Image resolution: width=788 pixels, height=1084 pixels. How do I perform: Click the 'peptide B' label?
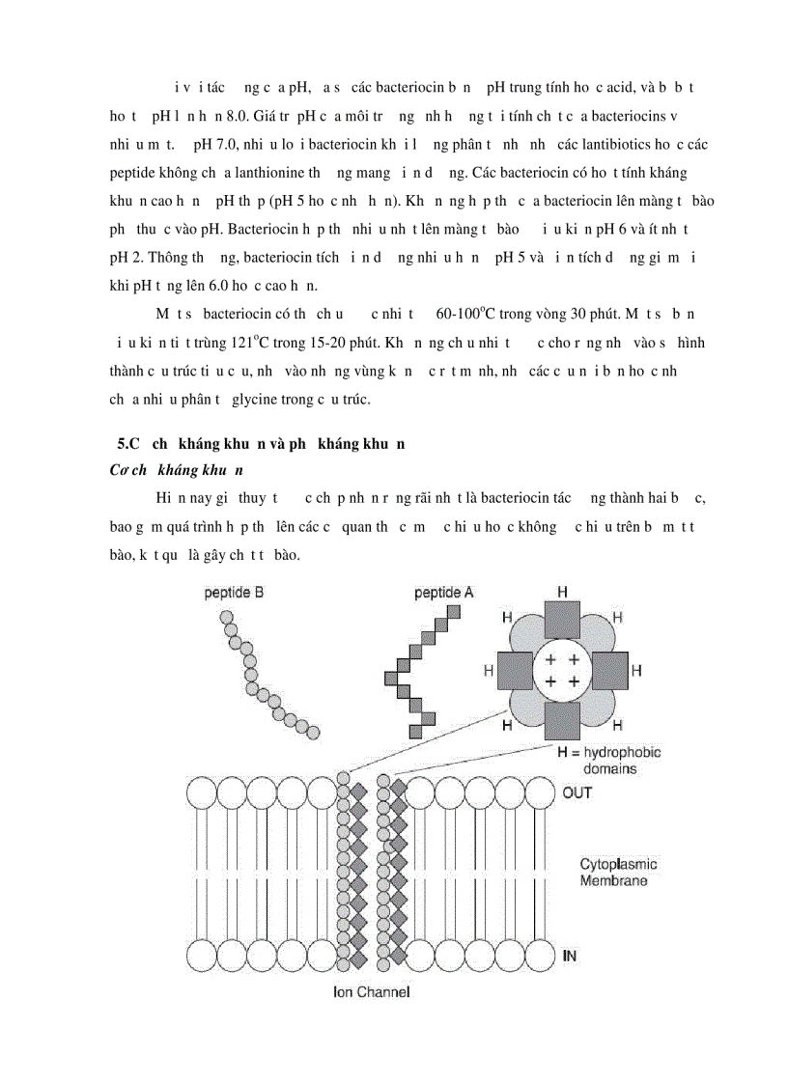click(x=234, y=593)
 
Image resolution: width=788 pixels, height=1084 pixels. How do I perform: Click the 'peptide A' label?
click(x=443, y=593)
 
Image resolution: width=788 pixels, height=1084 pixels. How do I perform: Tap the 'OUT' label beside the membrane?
click(x=577, y=792)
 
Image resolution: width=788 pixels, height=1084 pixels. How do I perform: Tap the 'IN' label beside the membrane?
click(x=570, y=956)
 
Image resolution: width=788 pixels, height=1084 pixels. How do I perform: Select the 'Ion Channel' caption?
click(x=365, y=992)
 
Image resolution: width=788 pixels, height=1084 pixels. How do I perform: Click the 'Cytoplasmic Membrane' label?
click(x=619, y=873)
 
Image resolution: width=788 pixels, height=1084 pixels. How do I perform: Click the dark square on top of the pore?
click(x=562, y=618)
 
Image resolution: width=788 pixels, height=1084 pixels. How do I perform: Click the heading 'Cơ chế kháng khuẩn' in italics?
click(x=178, y=470)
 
